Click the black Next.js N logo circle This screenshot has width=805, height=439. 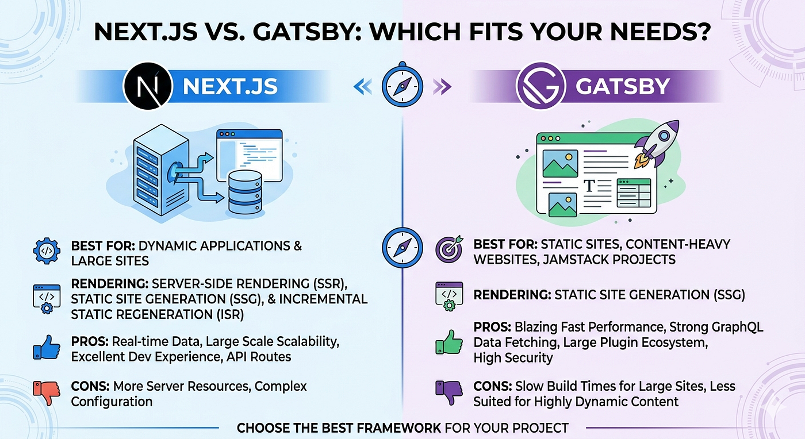tap(148, 86)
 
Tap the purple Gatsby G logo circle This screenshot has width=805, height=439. tap(541, 86)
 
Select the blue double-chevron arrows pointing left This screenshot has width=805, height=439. tap(362, 87)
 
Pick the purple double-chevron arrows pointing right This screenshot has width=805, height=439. tap(442, 87)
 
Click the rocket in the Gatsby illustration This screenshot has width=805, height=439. tap(657, 144)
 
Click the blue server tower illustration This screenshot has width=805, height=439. tap(160, 170)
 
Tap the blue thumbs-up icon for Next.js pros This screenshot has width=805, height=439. tap(47, 348)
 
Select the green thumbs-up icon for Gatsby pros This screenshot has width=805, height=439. tap(449, 342)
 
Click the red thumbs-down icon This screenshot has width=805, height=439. tap(47, 392)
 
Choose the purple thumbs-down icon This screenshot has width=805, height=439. tap(449, 392)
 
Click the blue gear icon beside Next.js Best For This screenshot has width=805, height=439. tap(47, 251)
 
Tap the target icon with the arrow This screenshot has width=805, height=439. tap(449, 249)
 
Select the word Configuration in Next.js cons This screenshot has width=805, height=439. tap(112, 402)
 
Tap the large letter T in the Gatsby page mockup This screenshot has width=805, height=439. tap(589, 186)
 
